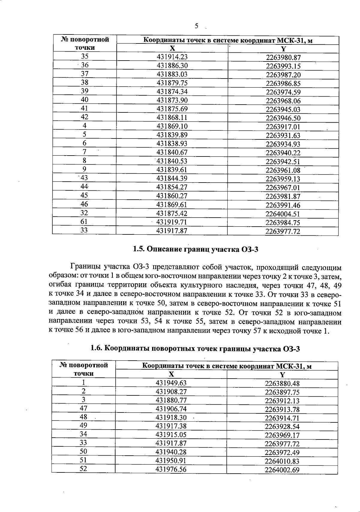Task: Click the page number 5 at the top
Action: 196,26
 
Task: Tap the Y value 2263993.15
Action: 283,66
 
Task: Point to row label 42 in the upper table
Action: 85,117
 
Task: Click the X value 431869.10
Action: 172,126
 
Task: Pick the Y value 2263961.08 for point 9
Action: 283,170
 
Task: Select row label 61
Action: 84,222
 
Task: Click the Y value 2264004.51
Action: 283,214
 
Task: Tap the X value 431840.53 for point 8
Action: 172,161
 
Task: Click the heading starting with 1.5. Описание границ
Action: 195,249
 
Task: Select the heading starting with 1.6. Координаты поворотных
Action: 195,349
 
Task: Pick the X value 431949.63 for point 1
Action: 171,383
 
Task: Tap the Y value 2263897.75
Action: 282,392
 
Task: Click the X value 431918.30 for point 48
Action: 171,418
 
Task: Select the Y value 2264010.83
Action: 282,461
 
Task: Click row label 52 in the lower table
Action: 83,469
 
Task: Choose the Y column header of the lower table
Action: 282,374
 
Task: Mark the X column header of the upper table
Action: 172,49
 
